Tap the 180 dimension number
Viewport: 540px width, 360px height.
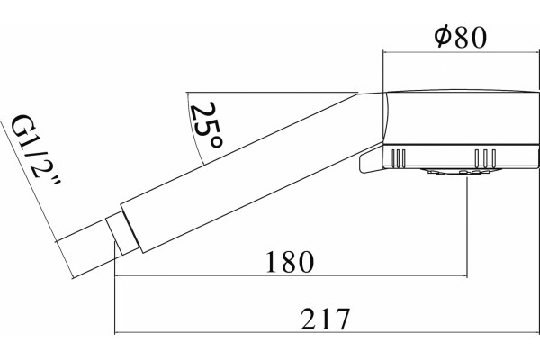click(x=290, y=262)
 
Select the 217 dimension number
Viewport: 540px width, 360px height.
click(x=325, y=319)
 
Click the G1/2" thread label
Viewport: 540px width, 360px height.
click(x=35, y=150)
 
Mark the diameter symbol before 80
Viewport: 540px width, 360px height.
click(x=443, y=37)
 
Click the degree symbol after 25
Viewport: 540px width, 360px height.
click(x=216, y=142)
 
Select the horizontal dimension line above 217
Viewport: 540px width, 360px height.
click(x=327, y=333)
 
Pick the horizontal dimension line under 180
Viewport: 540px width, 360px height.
click(x=291, y=276)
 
